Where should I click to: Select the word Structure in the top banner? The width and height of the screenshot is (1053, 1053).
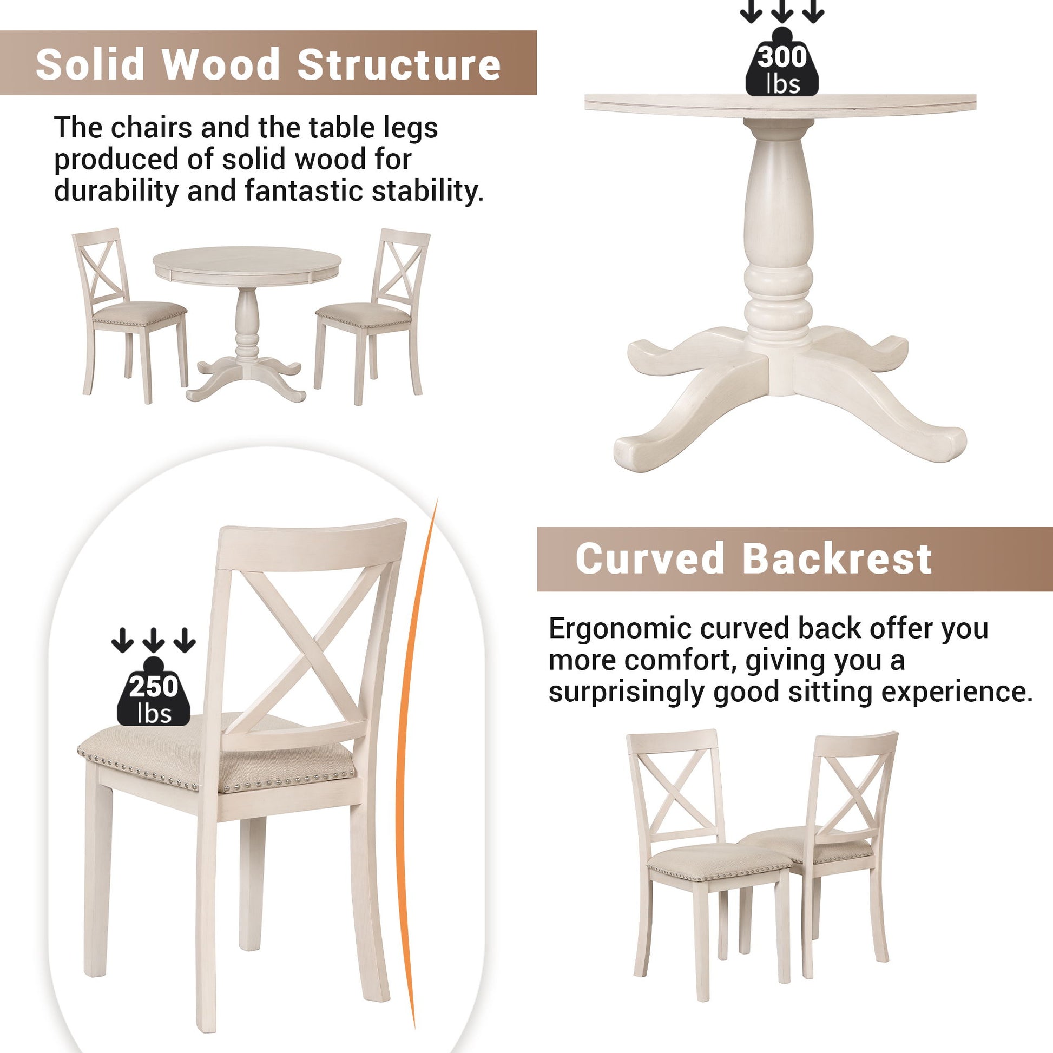[x=398, y=64]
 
